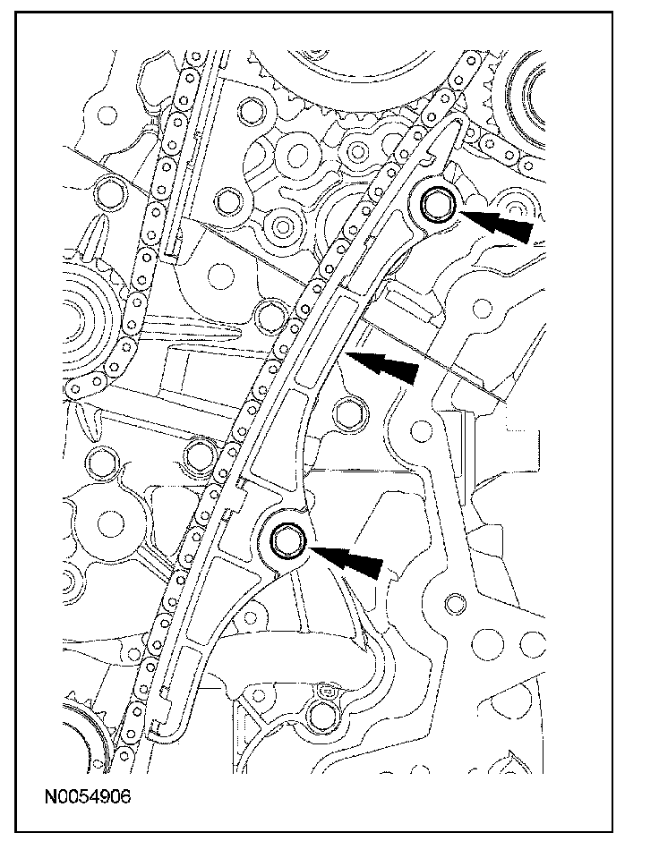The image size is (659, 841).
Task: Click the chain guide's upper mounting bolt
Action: [438, 205]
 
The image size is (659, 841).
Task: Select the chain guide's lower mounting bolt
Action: [288, 540]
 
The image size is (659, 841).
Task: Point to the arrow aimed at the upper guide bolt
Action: [501, 224]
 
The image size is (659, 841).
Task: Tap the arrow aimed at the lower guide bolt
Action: [351, 560]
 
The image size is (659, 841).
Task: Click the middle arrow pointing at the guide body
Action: [385, 365]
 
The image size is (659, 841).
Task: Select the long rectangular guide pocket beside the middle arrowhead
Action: [318, 344]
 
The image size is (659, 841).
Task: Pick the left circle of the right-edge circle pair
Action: [490, 641]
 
